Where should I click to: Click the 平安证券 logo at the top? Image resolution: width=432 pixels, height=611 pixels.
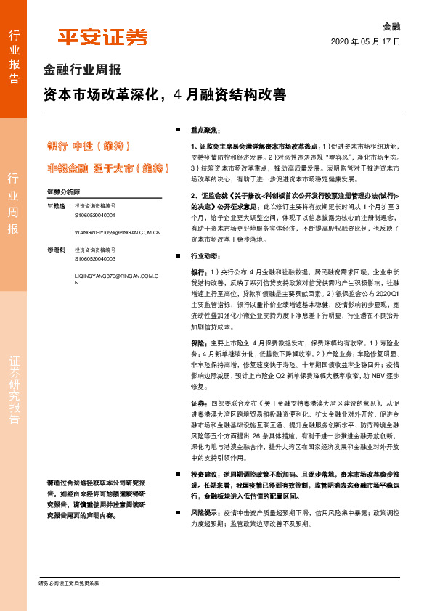coord(102,37)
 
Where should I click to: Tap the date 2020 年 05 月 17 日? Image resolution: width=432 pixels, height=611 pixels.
coord(365,41)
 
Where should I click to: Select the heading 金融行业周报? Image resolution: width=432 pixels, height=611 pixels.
coord(82,70)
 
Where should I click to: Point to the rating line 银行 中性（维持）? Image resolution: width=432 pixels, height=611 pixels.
coord(89,145)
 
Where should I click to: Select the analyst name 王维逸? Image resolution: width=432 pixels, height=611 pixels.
coord(55,208)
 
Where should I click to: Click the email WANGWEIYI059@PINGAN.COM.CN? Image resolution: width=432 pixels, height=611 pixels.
coord(117,232)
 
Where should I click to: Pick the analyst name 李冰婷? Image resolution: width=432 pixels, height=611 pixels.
coord(55,249)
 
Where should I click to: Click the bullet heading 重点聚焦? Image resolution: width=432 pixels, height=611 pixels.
coord(206,129)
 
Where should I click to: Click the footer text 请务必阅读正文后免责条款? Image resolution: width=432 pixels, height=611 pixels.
coord(69,583)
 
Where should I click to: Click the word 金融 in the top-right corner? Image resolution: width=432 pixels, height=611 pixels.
coord(392,27)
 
